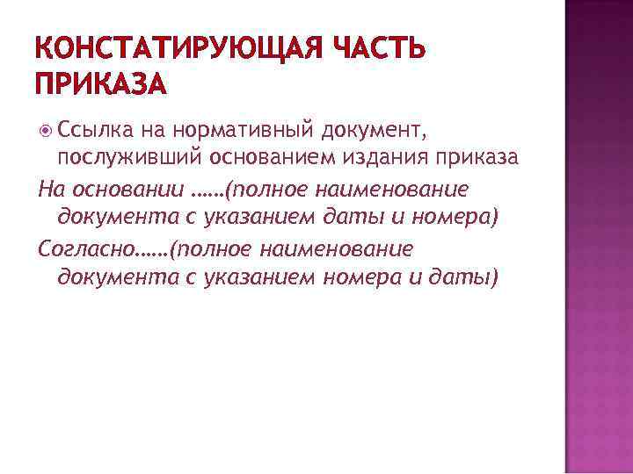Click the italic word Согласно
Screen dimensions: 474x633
click(87, 248)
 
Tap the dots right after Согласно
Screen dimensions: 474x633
click(154, 249)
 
